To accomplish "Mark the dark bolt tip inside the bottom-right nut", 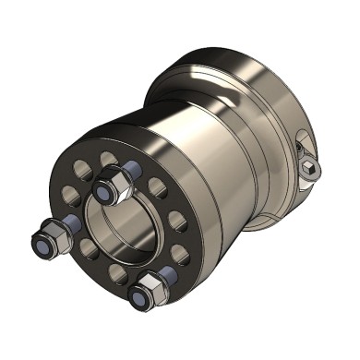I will pos(141,297).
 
